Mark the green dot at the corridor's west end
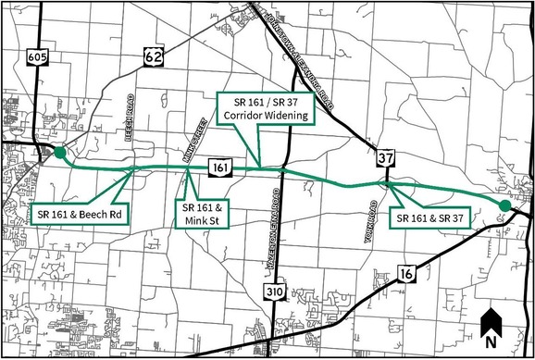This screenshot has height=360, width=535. tap(60, 154)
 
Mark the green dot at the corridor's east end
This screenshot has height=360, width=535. tap(504, 205)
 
